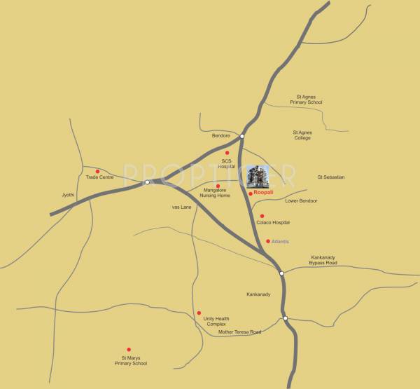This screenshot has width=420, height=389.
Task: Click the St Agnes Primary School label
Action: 309,100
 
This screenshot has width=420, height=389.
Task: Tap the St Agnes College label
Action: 302,135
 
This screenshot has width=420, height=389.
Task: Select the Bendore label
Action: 221,135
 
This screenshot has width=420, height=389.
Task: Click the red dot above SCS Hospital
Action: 227,153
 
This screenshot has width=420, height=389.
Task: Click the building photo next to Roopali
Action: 257,178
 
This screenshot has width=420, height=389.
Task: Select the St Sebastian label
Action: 331,177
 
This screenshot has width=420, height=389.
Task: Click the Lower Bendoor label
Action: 302,200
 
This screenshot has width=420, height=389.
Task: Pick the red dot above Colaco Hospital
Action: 262,216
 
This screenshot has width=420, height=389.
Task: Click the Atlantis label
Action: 280,241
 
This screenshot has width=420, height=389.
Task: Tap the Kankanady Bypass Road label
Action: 323,260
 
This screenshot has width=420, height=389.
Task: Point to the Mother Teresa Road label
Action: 239,332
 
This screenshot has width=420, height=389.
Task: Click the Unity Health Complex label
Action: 216,321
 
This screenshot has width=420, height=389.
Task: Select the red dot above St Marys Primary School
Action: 129,349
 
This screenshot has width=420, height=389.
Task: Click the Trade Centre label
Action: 99,177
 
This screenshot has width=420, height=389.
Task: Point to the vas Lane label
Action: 181,207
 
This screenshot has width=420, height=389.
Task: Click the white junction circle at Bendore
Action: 241,136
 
